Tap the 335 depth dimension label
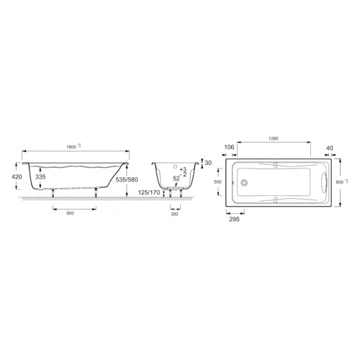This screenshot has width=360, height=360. [41, 177]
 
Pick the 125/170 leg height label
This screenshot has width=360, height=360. [148, 192]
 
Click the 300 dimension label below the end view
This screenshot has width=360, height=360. [175, 214]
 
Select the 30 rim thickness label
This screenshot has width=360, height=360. [209, 163]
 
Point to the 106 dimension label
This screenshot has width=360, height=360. [230, 148]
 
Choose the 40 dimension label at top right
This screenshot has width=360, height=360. [329, 148]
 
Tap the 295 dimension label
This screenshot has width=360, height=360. [234, 219]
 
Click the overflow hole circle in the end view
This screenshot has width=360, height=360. [176, 164]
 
